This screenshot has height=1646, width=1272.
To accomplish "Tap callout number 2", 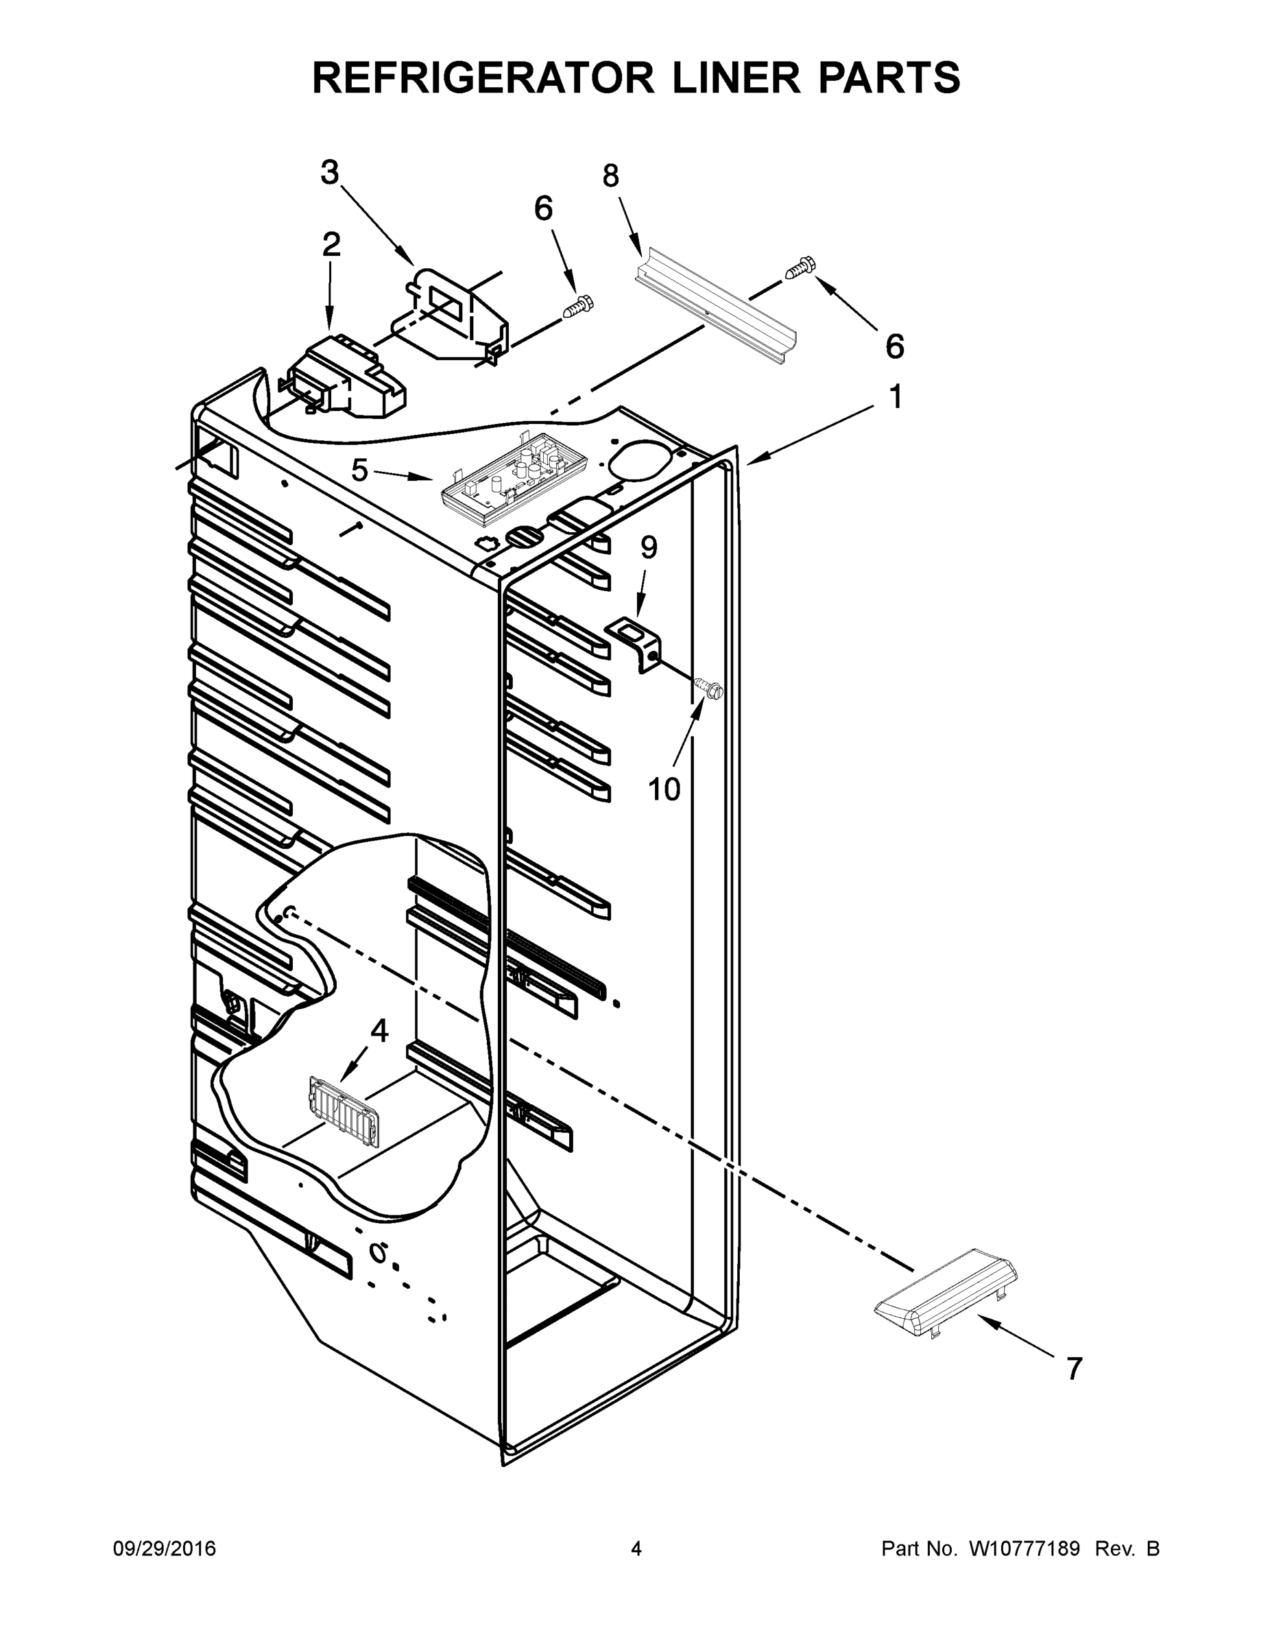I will tap(331, 245).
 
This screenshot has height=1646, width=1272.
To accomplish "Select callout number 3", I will tap(330, 173).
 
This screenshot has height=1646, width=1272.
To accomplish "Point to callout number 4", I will tap(379, 1030).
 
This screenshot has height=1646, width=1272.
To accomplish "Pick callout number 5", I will tap(359, 471).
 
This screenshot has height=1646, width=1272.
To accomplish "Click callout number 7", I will tap(1074, 1368).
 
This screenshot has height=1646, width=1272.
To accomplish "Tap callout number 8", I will tap(610, 176).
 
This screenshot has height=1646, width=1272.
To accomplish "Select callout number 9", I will tap(649, 548).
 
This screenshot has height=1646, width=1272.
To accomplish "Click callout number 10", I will tap(664, 790).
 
